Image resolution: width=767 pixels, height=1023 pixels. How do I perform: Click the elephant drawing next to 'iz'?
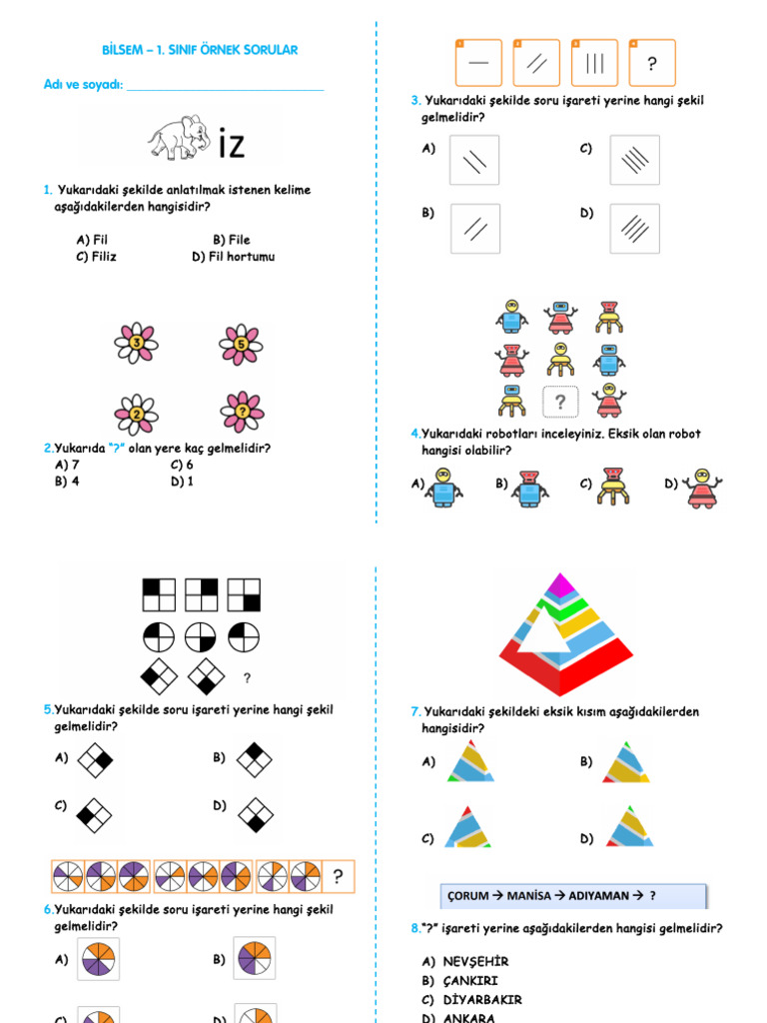point(179,137)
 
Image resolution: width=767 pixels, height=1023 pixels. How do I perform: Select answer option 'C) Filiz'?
point(96,257)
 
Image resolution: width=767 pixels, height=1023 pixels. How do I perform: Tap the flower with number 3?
point(137,344)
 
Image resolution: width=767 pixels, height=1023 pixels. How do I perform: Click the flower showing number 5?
point(241,344)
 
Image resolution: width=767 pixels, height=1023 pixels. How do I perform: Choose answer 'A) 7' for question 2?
point(68,465)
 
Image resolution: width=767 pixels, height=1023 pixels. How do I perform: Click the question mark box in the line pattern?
point(652,64)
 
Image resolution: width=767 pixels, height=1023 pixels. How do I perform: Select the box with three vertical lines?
point(594,64)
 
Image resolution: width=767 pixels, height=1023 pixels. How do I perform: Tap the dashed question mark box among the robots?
point(560,402)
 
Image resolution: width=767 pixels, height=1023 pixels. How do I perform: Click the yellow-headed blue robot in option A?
point(442,488)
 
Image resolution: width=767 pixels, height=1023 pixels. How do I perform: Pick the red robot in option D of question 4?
point(702,488)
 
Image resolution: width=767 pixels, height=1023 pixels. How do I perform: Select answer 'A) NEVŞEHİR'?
point(466,961)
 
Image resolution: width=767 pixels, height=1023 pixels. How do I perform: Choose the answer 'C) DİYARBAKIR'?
point(472,999)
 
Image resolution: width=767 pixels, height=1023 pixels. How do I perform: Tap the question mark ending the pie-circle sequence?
point(339,877)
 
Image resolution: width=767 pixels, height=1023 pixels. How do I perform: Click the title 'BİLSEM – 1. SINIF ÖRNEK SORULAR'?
point(201,50)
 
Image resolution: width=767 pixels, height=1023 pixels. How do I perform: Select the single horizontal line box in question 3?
point(478,64)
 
